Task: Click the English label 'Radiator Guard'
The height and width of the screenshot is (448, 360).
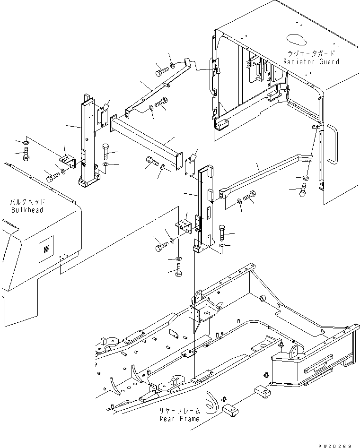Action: point(311,61)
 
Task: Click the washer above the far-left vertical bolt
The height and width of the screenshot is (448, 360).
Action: point(25,142)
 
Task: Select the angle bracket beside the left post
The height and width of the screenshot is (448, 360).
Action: point(67,159)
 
